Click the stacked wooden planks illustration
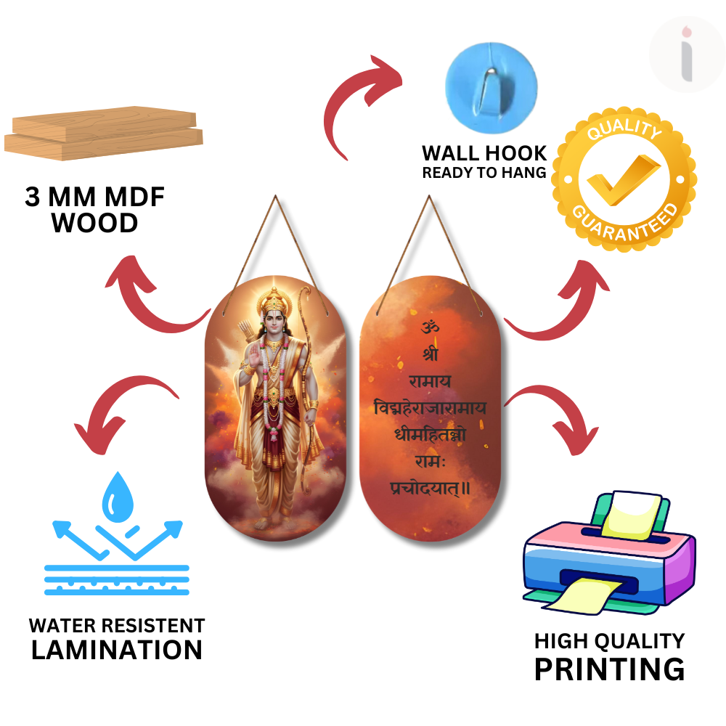[104, 136]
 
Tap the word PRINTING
[609, 668]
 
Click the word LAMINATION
[117, 649]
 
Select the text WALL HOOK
[484, 153]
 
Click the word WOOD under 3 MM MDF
[95, 223]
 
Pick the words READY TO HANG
[484, 173]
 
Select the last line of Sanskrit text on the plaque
[431, 489]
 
